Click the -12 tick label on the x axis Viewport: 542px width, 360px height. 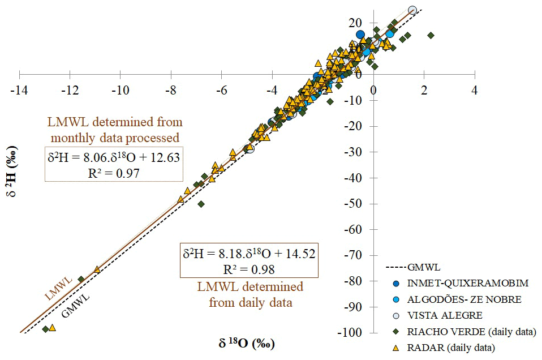tap(70, 89)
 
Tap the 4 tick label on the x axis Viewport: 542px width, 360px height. tap(474, 89)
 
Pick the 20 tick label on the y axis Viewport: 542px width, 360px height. tap(355, 23)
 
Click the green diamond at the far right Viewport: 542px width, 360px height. tap(431, 35)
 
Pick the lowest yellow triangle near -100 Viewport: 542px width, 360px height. tap(53, 327)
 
